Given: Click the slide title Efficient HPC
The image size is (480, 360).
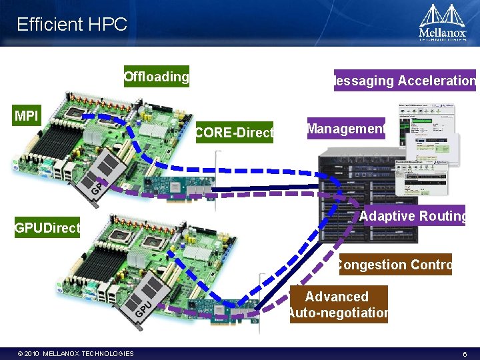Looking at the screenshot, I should click(72, 25).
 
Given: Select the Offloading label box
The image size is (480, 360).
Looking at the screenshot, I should click(157, 77).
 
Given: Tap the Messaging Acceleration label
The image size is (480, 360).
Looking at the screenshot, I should click(405, 81).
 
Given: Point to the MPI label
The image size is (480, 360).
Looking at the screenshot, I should click(27, 116).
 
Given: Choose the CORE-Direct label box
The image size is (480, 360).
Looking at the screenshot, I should click(235, 133).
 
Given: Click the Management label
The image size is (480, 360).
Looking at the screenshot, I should click(347, 129).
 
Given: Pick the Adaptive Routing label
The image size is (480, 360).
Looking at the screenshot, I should click(412, 216).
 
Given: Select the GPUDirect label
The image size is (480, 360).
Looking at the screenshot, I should click(47, 228).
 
